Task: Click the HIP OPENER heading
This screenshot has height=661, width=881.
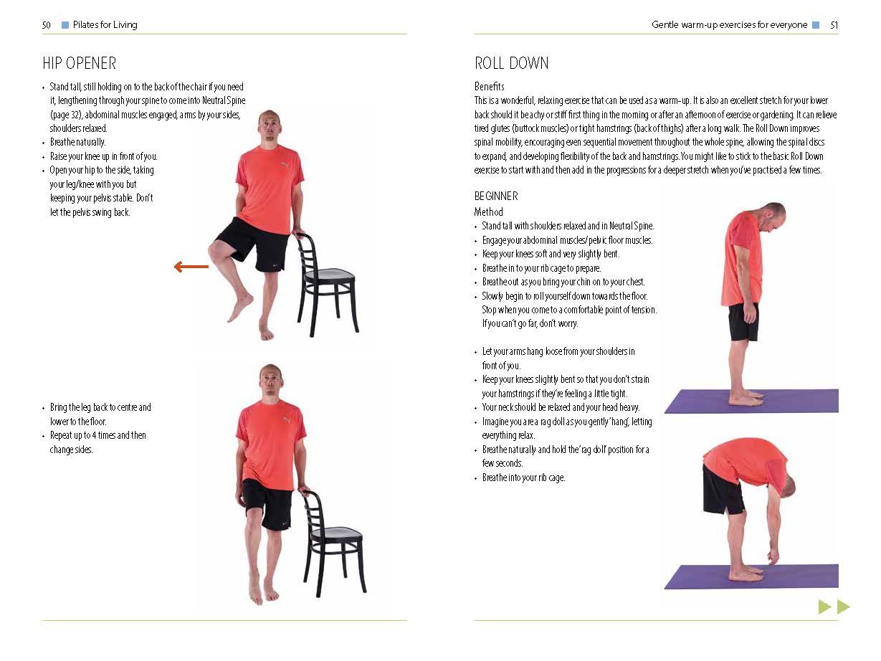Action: [x=80, y=63]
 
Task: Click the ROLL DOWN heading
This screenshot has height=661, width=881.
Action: [x=511, y=63]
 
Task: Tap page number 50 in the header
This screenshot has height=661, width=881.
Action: [x=46, y=25]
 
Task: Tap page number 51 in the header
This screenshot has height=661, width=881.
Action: [x=834, y=25]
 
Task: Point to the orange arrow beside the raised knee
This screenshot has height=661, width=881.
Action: [x=191, y=267]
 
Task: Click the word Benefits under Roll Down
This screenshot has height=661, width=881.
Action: [x=490, y=86]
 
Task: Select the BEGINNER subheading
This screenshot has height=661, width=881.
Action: [x=496, y=196]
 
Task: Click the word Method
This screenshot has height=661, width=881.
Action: [x=488, y=211]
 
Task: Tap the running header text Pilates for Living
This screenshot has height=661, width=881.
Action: [x=105, y=25]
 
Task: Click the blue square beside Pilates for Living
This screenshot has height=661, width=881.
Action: [x=65, y=25]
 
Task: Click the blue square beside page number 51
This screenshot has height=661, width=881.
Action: [x=816, y=25]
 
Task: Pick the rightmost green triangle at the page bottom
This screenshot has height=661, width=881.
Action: [x=843, y=607]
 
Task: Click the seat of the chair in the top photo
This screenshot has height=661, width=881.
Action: [x=329, y=275]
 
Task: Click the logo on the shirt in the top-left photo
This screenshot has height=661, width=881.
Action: [x=284, y=165]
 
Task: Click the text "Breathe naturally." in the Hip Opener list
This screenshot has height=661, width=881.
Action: [x=78, y=142]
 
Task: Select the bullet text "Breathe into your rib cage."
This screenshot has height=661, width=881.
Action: [x=524, y=477]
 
